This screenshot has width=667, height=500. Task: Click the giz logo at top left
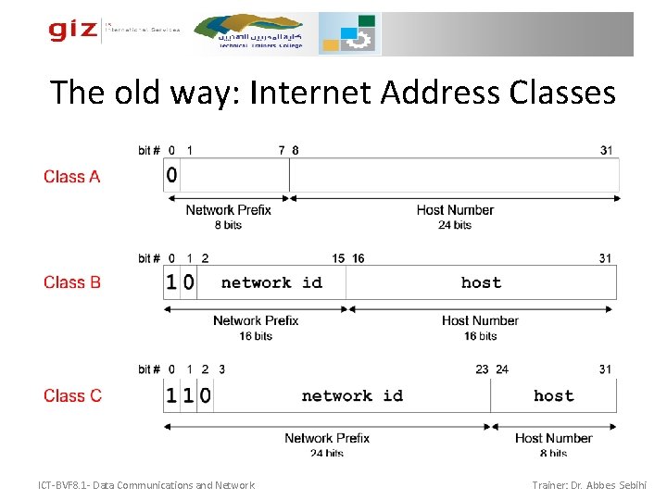[x=73, y=31]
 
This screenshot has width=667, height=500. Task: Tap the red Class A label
[x=71, y=176]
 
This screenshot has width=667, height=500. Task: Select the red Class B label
[x=71, y=282]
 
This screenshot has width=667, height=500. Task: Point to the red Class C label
[x=72, y=395]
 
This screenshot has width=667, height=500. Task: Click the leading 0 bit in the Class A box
[x=171, y=175]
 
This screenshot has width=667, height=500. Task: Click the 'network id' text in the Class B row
[x=271, y=282]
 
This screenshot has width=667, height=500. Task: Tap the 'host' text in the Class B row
[x=481, y=282]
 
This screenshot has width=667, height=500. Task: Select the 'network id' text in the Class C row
[x=352, y=395]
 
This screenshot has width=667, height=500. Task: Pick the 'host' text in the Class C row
[x=553, y=395]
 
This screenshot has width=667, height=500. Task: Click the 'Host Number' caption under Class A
[x=455, y=210]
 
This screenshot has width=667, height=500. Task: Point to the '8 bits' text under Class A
[x=228, y=225]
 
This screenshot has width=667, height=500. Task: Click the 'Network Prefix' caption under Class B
[x=256, y=320]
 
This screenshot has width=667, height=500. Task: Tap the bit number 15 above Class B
[x=338, y=258]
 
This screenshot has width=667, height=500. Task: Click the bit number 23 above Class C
[x=482, y=369]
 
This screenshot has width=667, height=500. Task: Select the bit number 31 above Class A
[x=606, y=150]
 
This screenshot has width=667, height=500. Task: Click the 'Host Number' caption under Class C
[x=553, y=438]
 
